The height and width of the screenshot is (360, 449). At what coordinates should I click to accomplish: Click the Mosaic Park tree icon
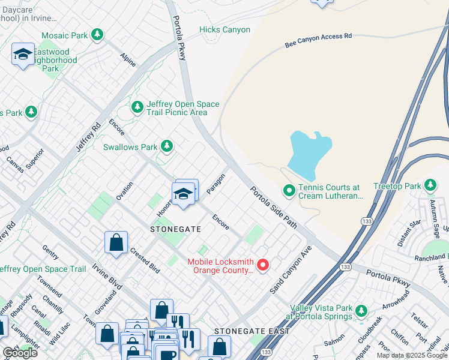click(x=97, y=35)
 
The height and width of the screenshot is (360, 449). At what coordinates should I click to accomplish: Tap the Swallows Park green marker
click(x=167, y=146)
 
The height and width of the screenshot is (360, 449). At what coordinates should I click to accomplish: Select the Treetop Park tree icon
click(x=430, y=185)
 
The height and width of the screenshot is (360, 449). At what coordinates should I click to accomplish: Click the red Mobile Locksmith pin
click(x=262, y=264)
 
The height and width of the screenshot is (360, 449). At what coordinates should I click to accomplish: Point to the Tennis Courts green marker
click(x=289, y=191)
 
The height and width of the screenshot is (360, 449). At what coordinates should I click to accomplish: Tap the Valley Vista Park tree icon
click(x=360, y=311)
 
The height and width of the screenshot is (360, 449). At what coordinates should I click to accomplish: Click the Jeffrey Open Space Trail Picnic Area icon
click(x=137, y=107)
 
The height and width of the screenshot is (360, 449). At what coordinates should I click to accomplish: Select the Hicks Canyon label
click(x=226, y=30)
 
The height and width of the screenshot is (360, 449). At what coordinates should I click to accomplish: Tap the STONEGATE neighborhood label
click(x=176, y=229)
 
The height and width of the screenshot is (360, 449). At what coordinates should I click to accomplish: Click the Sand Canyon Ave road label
click(x=291, y=269)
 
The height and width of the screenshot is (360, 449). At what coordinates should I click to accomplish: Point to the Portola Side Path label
click(x=273, y=208)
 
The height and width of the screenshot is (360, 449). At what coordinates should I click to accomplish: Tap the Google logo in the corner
click(x=20, y=353)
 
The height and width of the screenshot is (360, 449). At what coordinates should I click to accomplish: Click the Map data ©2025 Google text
click(x=412, y=355)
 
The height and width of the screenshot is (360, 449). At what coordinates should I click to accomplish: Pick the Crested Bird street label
click(x=144, y=260)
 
